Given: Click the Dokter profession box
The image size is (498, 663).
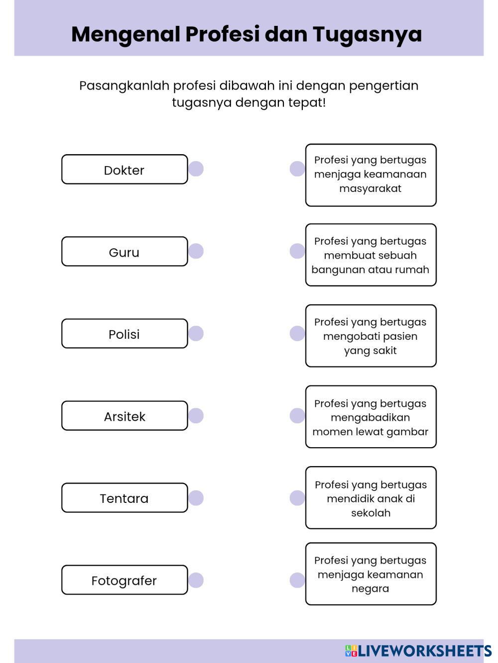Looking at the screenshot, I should click(124, 170).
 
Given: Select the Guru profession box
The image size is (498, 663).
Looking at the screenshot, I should click(124, 252).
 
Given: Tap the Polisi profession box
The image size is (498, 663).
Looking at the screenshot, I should click(124, 334).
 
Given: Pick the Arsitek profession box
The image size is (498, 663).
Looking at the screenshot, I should click(124, 416).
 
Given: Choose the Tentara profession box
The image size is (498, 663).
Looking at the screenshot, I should click(124, 498).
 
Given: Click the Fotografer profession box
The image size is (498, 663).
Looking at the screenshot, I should click(124, 580).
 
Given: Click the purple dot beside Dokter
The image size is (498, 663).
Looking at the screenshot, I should click(196, 169).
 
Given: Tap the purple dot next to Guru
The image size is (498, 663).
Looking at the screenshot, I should click(196, 251).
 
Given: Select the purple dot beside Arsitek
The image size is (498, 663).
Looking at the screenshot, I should click(196, 416).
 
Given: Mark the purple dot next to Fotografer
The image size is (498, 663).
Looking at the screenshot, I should click(196, 580).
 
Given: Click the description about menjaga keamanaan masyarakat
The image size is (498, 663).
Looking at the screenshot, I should click(371, 175).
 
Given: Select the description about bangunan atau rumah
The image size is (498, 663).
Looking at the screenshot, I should click(371, 255).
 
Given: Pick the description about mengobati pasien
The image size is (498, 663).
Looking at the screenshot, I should click(371, 336).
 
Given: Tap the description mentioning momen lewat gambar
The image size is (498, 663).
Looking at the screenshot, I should click(371, 417).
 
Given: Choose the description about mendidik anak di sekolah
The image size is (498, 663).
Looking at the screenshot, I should click(371, 498).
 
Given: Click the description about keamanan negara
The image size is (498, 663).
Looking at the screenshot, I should click(371, 574).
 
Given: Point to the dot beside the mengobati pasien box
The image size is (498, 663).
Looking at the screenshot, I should click(297, 334).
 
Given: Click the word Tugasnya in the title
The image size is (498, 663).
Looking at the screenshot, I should click(367, 34).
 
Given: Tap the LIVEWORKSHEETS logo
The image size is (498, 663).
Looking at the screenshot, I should click(418, 651).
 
